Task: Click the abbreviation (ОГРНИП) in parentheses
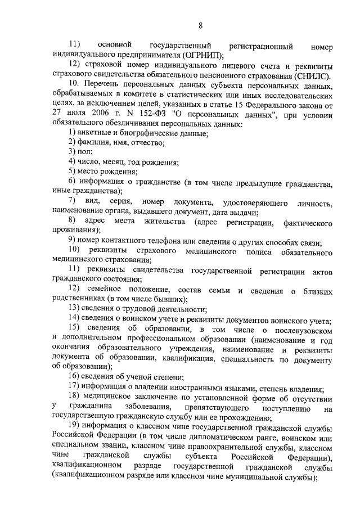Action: (x=201, y=55)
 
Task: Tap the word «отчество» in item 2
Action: (x=148, y=143)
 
